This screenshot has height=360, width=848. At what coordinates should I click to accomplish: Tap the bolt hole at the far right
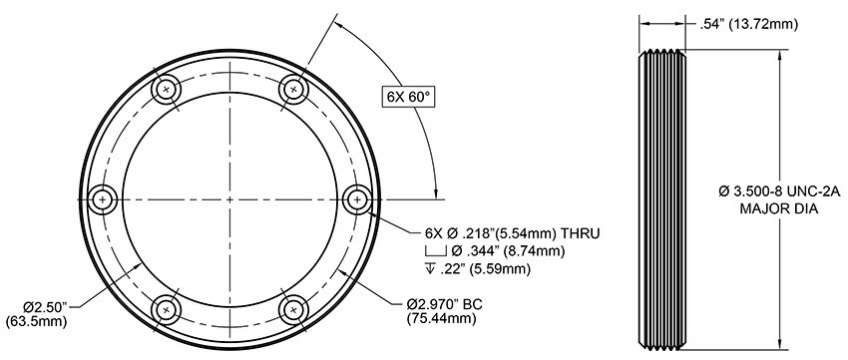(x=356, y=200)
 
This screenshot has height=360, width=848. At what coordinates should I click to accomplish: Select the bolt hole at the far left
(x=101, y=200)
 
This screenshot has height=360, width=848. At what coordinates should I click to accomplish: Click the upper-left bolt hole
(x=165, y=90)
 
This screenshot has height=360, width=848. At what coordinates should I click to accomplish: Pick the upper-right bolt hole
(x=292, y=90)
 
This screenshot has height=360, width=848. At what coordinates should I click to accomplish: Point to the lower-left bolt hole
(x=165, y=310)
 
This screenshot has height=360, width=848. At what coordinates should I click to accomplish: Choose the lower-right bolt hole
(x=292, y=310)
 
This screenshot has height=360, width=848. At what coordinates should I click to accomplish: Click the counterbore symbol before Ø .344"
(x=438, y=250)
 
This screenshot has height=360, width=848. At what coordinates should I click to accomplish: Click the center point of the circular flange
(x=228, y=200)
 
